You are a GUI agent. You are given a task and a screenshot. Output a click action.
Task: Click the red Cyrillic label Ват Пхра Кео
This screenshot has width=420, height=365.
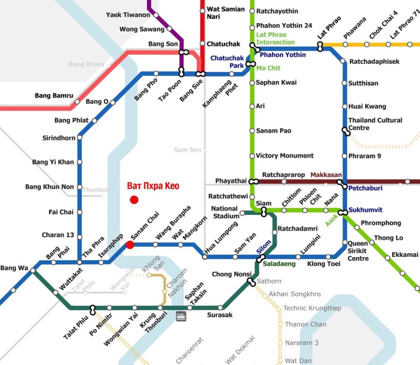(x=153, y=186)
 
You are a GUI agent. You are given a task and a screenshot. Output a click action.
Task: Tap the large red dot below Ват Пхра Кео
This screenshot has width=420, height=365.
(x=134, y=200)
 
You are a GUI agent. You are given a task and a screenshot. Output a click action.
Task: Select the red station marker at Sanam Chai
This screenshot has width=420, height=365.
(x=130, y=244)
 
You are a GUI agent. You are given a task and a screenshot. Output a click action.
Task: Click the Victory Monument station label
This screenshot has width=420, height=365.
(x=284, y=155)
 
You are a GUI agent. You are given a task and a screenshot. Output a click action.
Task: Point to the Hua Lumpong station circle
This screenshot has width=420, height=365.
(x=204, y=257)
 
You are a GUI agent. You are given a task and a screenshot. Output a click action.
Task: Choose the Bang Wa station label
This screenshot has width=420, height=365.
(x=14, y=268)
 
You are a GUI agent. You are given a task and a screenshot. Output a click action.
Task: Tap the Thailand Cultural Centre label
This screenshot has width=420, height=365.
(x=375, y=124)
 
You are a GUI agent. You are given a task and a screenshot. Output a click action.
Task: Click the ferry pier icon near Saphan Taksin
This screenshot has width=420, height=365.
(x=181, y=316)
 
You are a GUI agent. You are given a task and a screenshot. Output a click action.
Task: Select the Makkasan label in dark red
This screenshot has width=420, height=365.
(x=326, y=175)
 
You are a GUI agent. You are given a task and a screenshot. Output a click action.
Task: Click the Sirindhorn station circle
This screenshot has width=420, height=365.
(x=79, y=138)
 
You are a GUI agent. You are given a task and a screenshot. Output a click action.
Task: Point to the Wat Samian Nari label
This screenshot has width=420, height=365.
(x=225, y=13)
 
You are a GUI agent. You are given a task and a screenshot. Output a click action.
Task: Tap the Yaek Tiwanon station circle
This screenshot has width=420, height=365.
(x=156, y=15)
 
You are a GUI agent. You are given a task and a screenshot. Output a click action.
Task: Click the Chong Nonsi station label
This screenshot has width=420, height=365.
(x=229, y=274)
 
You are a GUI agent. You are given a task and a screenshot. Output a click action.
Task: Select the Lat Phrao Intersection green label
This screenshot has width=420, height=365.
(x=275, y=38)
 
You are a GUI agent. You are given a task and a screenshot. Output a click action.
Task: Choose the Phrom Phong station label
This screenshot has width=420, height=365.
(x=380, y=223)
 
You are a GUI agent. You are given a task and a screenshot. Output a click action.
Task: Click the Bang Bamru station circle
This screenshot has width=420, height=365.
(x=77, y=101)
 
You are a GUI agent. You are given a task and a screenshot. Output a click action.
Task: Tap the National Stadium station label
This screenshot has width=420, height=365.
(x=224, y=212)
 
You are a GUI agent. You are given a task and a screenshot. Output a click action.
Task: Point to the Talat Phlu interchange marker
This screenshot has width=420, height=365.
(x=92, y=308)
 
